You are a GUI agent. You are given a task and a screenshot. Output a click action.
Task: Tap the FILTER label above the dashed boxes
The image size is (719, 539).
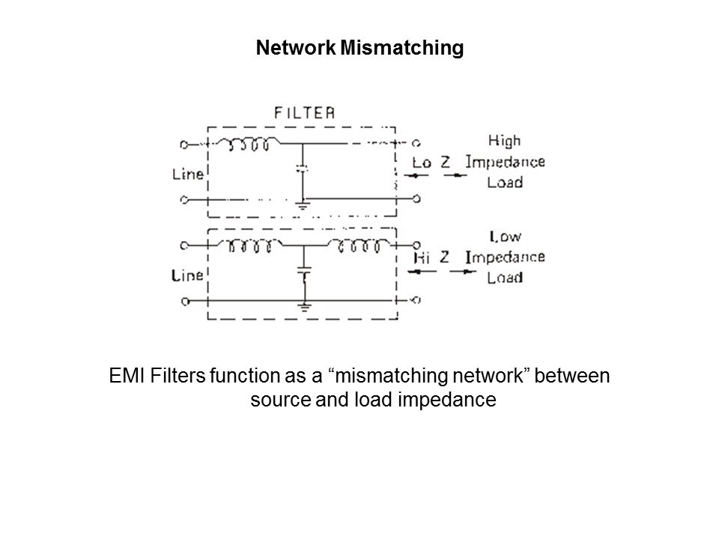point(304,113)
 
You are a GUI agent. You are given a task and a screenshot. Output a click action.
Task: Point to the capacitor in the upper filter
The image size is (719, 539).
point(301,169)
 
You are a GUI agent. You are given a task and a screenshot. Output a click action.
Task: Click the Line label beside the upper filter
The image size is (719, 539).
point(188,174)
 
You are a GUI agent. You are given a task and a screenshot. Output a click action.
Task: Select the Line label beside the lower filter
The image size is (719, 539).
point(188,275)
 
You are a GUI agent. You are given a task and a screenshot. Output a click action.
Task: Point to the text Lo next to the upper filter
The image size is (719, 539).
point(422,162)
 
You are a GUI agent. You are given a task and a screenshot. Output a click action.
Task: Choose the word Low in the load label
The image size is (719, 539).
point(506,237)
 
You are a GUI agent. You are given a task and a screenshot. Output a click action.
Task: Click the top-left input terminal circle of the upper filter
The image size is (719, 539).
point(184,143)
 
